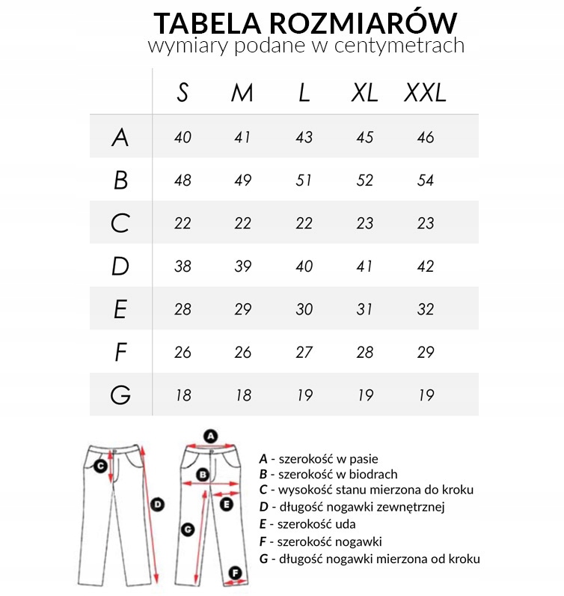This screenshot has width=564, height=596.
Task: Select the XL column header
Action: pyautogui.click(x=365, y=93)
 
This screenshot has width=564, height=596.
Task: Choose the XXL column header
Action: pyautogui.click(x=425, y=93)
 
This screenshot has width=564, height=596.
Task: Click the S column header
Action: pyautogui.click(x=183, y=93)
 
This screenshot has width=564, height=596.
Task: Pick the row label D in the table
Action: pyautogui.click(x=120, y=267)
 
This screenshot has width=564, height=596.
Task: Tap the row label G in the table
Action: pyautogui.click(x=120, y=395)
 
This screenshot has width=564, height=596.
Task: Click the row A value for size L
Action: pyautogui.click(x=304, y=138)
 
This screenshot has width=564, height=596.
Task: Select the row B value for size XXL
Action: pyautogui.click(x=425, y=180)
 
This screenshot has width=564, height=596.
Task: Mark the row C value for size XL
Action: pyautogui.click(x=365, y=223)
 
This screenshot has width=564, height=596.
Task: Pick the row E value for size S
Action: pyautogui.click(x=183, y=309)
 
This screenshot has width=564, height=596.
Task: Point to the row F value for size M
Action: pyautogui.click(x=242, y=352)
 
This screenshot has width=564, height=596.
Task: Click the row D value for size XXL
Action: pyautogui.click(x=425, y=267)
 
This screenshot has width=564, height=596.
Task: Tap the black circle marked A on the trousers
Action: pyautogui.click(x=211, y=435)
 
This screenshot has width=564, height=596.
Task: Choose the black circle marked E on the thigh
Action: pyautogui.click(x=227, y=505)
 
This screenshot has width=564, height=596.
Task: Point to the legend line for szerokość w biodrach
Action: pyautogui.click(x=328, y=474)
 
